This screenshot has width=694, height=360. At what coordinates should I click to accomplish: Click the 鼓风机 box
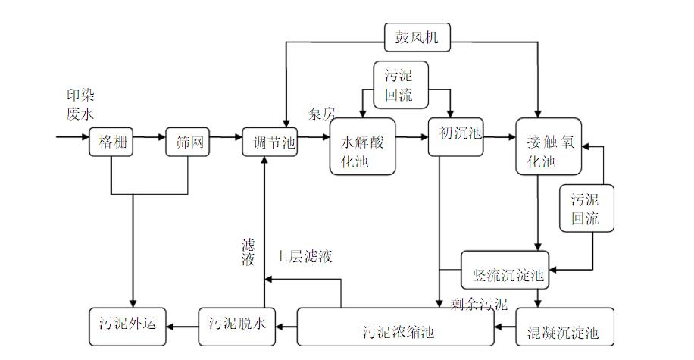417,35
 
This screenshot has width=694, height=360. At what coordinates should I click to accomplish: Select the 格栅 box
111,142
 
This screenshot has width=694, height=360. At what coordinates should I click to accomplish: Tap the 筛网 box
187,142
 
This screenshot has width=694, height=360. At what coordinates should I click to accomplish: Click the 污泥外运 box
127,324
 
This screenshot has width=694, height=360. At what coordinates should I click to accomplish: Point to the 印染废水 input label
80,104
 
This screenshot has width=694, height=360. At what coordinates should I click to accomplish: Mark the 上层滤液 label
304,256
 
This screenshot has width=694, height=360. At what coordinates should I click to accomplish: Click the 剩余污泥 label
479,305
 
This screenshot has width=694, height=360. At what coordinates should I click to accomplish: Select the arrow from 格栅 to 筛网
150,138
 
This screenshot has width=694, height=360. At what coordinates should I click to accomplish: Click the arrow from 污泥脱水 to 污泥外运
182,326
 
